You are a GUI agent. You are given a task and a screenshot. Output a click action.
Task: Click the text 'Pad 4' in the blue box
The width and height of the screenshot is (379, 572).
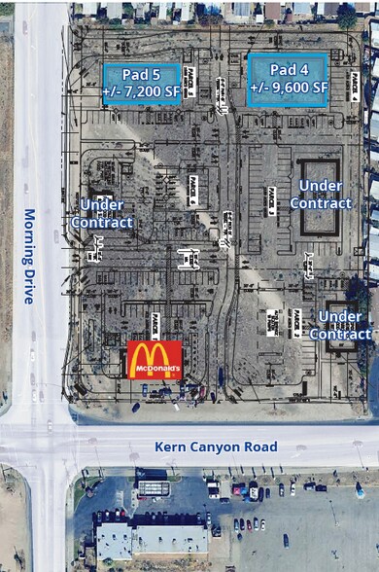pos(288,70)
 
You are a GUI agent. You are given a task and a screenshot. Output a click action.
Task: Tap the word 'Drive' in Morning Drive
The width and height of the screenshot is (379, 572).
pos(29,287)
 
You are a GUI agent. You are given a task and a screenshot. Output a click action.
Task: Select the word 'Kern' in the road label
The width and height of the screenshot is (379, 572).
pos(171,447)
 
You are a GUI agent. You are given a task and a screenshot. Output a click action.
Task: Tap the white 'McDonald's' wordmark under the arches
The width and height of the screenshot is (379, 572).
pos(154,371)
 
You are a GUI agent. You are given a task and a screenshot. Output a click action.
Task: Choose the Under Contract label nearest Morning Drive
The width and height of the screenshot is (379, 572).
pos(101,213)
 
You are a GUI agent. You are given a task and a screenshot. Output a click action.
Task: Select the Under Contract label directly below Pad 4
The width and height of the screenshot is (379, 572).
pos(320,195)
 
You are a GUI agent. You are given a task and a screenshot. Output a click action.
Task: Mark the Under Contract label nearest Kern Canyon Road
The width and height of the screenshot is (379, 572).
pos(340,325)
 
